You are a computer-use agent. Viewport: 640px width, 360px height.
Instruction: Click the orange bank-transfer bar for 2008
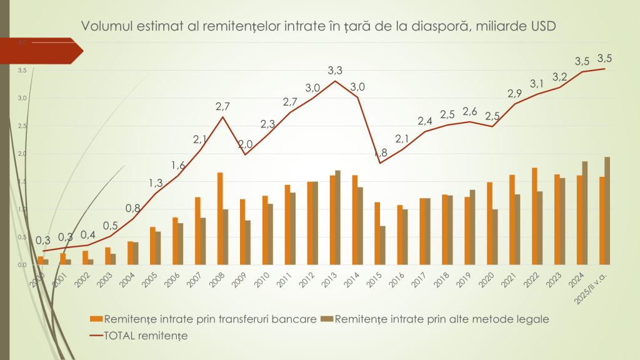220,218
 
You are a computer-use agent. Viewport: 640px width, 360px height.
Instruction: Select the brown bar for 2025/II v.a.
607,211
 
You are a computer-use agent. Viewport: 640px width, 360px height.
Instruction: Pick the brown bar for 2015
382,245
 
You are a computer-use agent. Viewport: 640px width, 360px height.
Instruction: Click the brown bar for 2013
337,217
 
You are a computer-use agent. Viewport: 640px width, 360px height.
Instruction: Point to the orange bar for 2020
489,223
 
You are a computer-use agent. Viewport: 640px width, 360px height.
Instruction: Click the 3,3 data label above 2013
335,71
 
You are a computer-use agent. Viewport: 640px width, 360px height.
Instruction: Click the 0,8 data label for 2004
132,208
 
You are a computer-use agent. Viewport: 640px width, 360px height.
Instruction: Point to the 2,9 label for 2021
514,94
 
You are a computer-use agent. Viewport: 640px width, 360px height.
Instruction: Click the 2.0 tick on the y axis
22,154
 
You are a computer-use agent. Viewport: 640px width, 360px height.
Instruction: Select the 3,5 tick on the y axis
22,71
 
